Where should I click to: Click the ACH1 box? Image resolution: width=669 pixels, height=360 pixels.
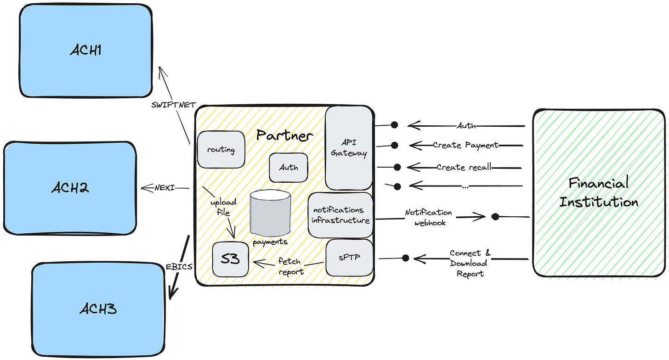coord(86,51)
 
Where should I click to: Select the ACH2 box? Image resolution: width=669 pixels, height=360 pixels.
coord(70,188)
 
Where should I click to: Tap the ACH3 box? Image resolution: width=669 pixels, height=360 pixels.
coord(98,309)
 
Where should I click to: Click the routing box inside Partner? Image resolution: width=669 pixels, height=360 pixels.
coord(221,149)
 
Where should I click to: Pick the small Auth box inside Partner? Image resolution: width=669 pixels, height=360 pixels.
coord(289,168)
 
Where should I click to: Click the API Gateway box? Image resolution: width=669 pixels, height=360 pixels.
coord(349,148)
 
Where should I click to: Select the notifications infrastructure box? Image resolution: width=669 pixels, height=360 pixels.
coord(340,215)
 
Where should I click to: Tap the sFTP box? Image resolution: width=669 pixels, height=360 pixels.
coord(349,257)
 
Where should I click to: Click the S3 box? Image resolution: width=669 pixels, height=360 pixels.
coord(230,259)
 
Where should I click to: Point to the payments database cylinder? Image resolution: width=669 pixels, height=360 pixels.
coord(270,213)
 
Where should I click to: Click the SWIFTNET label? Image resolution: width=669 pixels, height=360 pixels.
coord(174,105)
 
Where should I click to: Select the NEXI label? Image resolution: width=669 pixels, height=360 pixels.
coord(164,188)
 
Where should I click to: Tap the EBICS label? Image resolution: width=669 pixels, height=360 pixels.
coord(179,267)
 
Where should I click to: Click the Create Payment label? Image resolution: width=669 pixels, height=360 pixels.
coord(465,145)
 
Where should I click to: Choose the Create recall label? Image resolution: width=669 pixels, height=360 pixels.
coord(464,167)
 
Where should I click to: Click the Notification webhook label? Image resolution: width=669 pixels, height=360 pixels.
coord(429,217)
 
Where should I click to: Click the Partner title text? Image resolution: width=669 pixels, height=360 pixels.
coord(284,136)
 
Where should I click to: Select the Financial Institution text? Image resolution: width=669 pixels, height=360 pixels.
coord(599,192)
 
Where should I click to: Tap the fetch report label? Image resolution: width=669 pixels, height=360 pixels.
coord(290,266)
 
